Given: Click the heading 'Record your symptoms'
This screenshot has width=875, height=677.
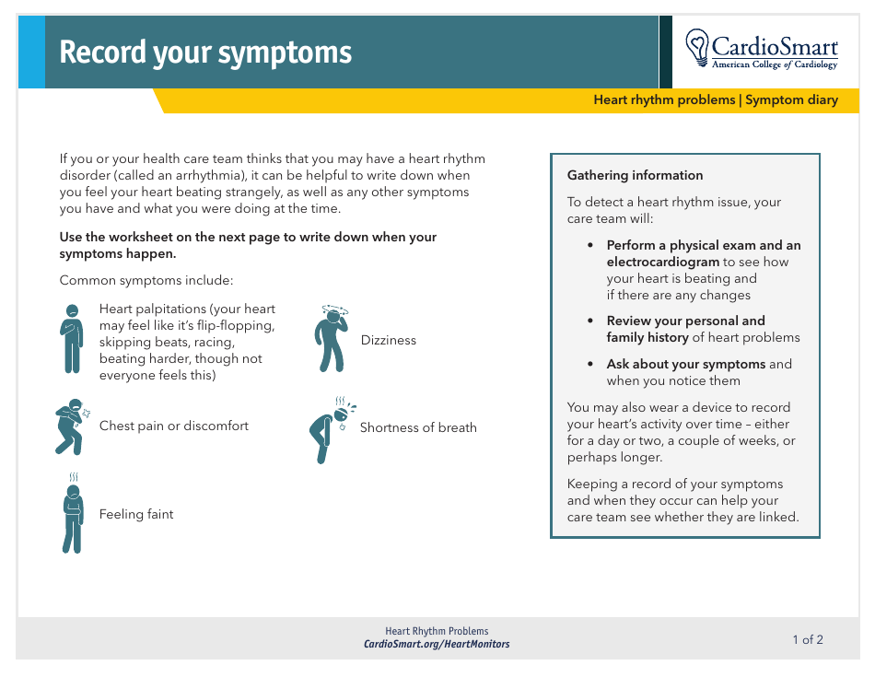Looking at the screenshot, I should (205, 53).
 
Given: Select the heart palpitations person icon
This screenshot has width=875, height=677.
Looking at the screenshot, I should (72, 338).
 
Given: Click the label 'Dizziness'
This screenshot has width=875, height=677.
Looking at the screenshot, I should (388, 340).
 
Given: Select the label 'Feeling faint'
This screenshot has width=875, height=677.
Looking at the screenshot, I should (136, 514).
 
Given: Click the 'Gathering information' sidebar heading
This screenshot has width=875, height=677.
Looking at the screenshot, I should (635, 175).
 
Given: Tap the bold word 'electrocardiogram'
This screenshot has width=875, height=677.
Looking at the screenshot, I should (662, 262).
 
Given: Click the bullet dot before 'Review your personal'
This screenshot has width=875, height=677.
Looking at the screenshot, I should (590, 321).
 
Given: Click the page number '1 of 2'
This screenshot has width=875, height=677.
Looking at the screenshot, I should (808, 639).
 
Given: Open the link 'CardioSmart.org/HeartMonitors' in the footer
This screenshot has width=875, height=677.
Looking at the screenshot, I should (437, 645).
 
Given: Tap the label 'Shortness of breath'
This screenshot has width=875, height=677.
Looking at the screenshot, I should (418, 427).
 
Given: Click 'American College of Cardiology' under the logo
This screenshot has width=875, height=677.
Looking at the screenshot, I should (775, 65).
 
